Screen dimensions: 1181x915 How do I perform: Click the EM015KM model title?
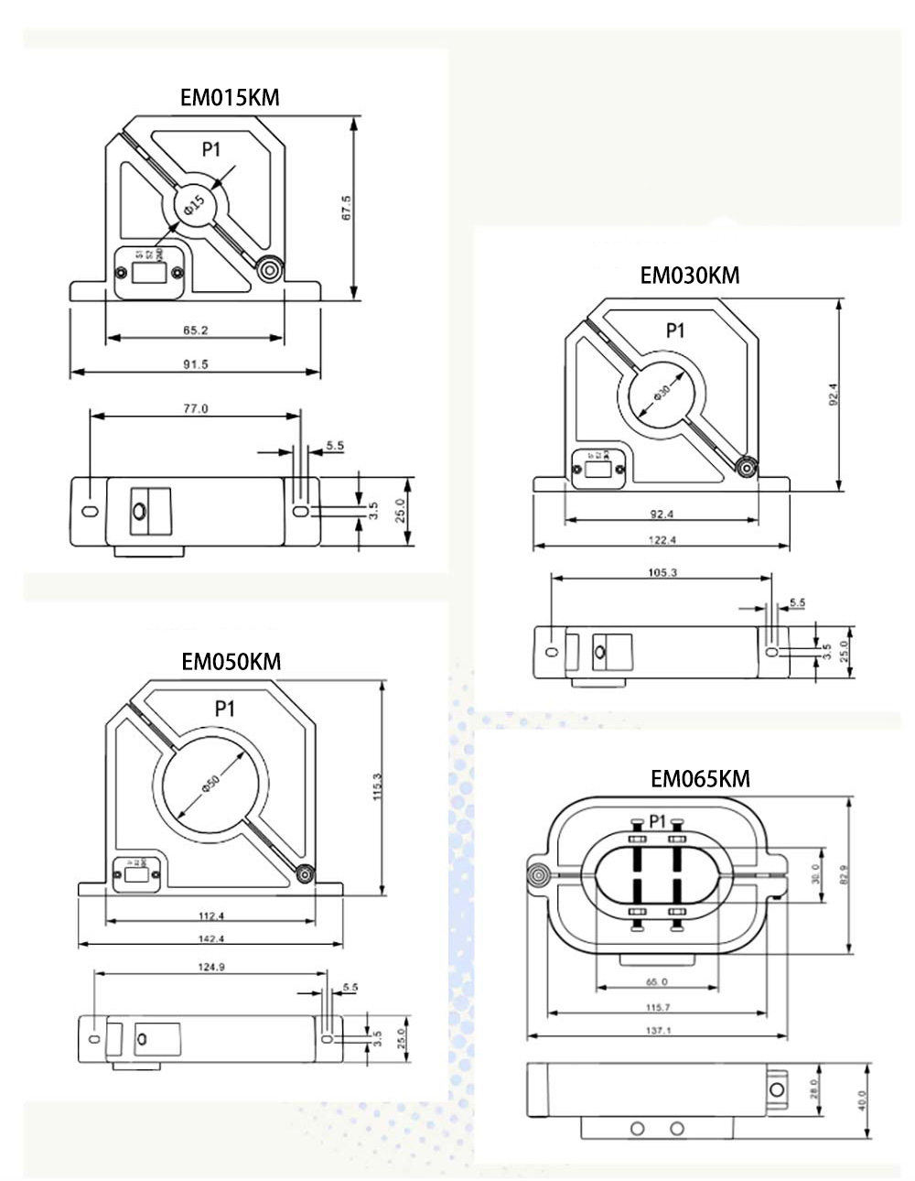pos(230,98)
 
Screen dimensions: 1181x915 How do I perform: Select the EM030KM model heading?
pos(689,275)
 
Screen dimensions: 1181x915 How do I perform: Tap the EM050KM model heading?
pos(231,661)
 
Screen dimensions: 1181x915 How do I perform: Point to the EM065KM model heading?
pos(700,778)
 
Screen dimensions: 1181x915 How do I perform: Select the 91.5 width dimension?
pos(196,363)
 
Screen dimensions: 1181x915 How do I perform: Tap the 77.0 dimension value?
pos(196,409)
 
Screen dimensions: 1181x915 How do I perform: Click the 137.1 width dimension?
pos(657,1031)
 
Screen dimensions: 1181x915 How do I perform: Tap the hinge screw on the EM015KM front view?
pos(269,270)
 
